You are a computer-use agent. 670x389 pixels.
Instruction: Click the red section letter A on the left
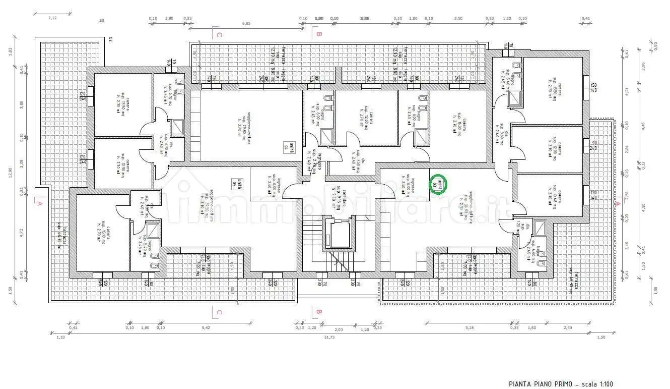pyautogui.click(x=38, y=203)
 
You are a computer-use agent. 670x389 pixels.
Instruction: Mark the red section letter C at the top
pyautogui.click(x=218, y=35)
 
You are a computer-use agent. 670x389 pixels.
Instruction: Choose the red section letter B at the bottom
pyautogui.click(x=318, y=312)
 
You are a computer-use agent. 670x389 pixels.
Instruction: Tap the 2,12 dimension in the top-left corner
pyautogui.click(x=52, y=18)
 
